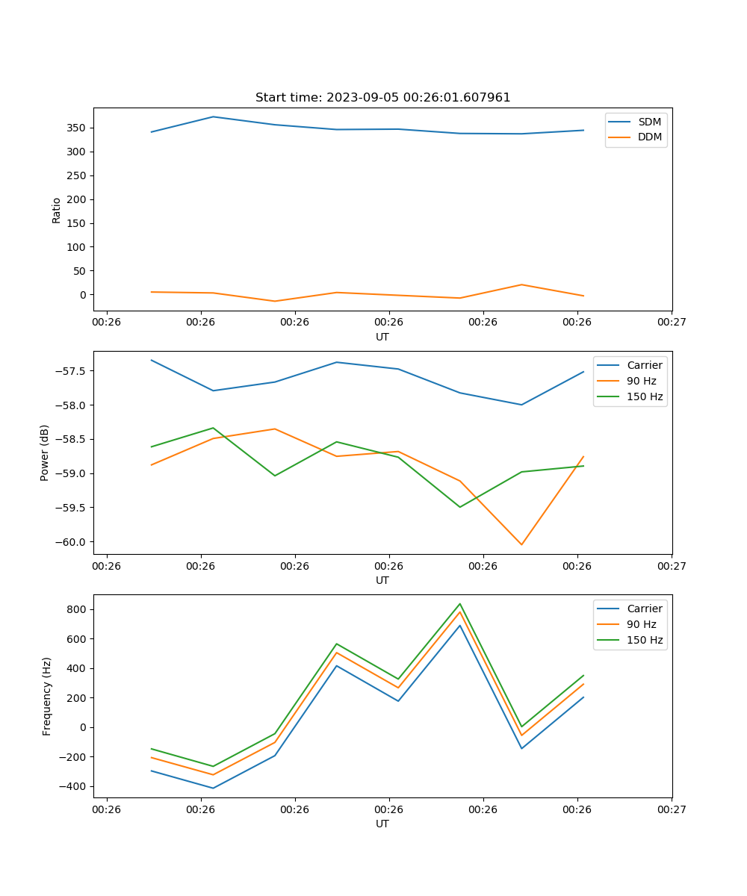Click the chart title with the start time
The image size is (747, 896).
pos(382,98)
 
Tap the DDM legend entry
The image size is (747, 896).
pos(649,137)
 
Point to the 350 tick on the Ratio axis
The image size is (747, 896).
pos(77,128)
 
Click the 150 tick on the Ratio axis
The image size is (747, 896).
pos(77,223)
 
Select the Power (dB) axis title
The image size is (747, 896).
pos(45,452)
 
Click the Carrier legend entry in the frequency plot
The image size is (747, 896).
pos(644,609)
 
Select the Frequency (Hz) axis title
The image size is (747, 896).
pos(47,696)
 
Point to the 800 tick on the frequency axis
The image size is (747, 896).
pos(77,609)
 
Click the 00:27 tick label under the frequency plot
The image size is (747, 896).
pos(672,809)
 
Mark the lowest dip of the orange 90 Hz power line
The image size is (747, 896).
pos(521,544)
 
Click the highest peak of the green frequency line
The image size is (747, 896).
pos(459,604)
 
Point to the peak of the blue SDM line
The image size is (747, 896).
pos(213,116)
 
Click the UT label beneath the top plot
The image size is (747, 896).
pos(382,337)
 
